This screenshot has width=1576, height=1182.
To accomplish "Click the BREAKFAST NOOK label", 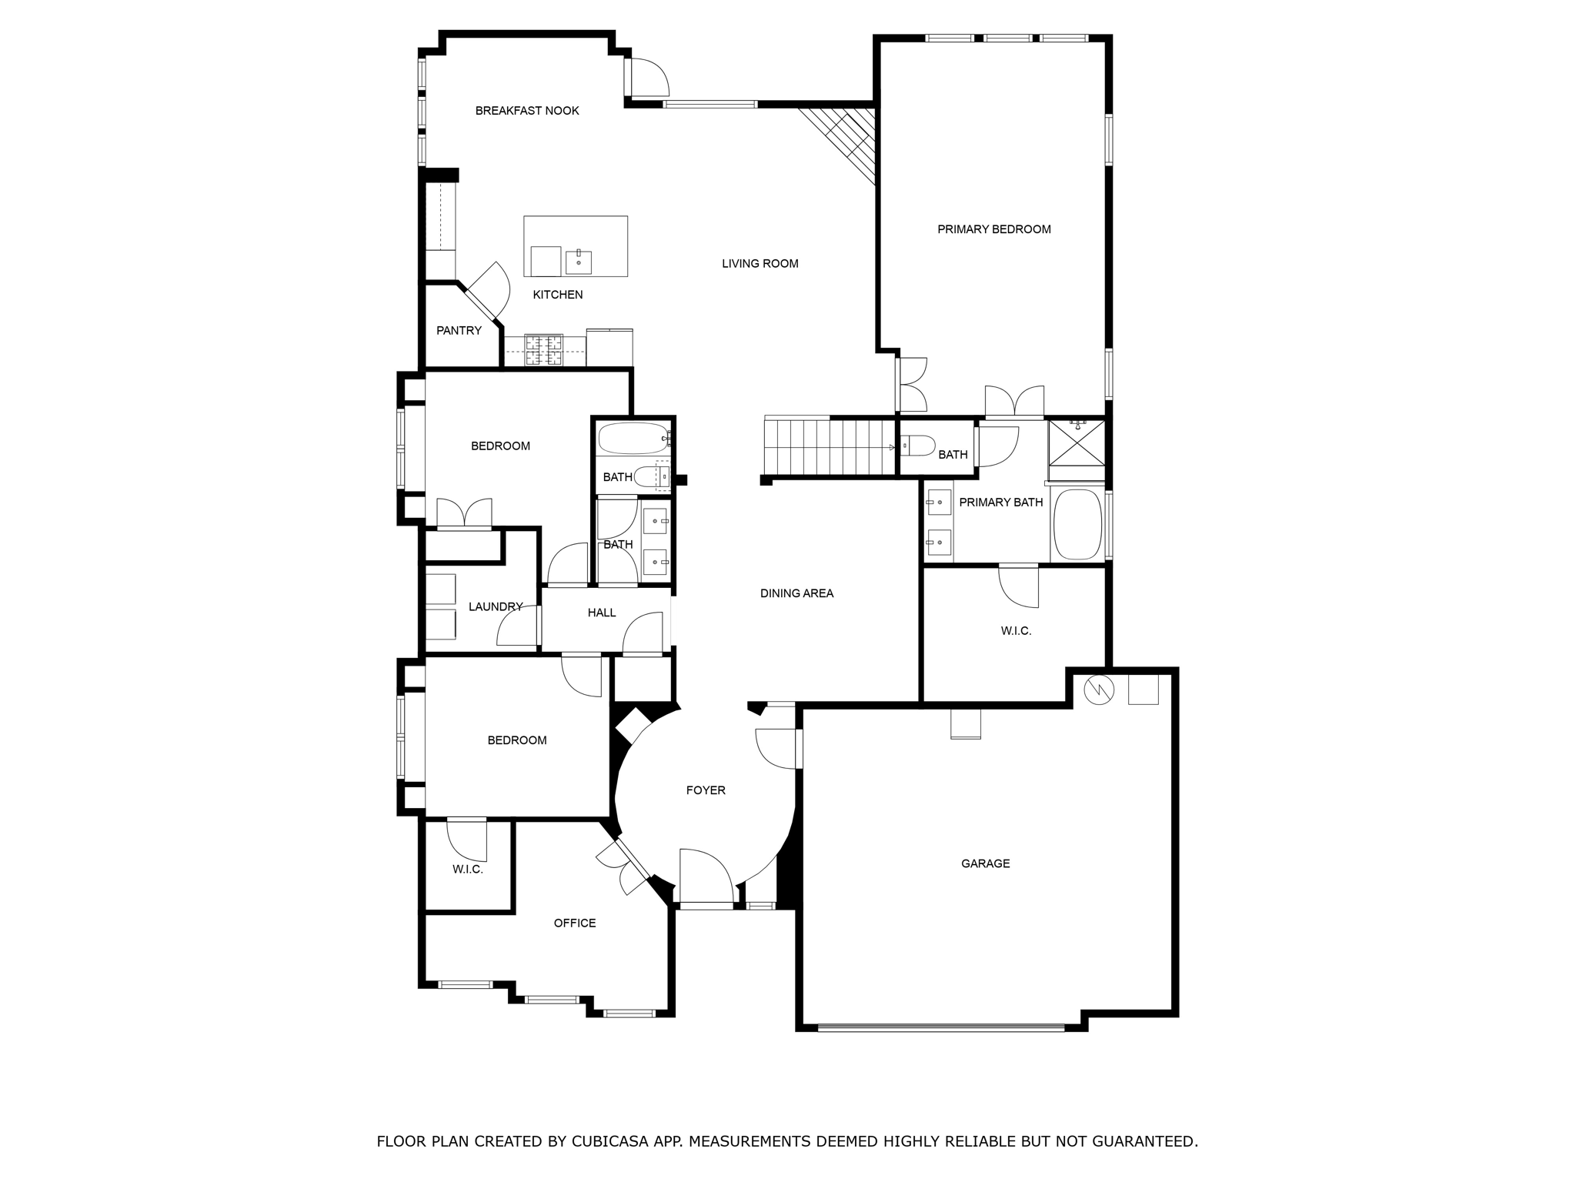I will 527,111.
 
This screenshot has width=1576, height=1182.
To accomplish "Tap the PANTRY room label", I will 459,331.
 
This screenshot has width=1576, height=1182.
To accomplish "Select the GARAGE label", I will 985,864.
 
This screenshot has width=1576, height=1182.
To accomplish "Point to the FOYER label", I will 706,790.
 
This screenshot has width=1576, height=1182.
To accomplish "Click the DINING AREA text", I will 796,593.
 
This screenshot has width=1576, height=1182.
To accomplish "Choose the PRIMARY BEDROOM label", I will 993,229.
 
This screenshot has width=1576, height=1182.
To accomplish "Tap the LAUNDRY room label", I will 496,607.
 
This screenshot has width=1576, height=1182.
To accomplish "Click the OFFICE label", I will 575,923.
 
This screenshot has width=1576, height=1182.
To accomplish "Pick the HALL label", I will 602,613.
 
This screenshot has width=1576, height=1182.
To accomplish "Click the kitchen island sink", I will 579,262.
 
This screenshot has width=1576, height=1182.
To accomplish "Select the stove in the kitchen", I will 544,350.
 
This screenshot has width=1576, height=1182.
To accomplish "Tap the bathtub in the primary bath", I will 1077,524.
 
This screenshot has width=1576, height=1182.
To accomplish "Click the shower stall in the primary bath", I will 1077,442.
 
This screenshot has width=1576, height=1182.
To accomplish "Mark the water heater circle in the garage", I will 1098,690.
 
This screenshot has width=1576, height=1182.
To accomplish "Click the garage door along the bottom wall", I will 940,1027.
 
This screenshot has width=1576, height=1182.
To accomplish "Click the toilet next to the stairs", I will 918,446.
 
